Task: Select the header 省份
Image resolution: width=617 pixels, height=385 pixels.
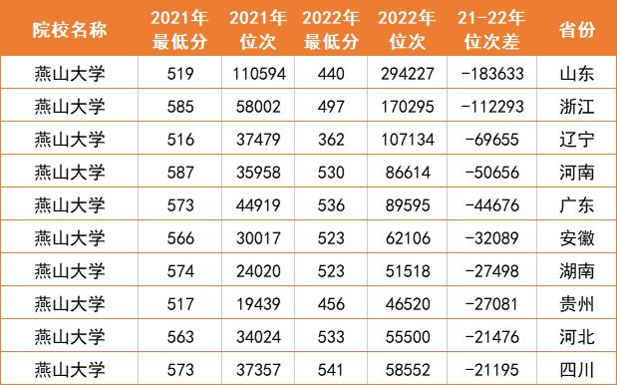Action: [x=578, y=29]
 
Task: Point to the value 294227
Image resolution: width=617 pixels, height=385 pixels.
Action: [x=410, y=75]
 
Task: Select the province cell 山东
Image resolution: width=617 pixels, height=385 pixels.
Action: [x=578, y=75]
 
